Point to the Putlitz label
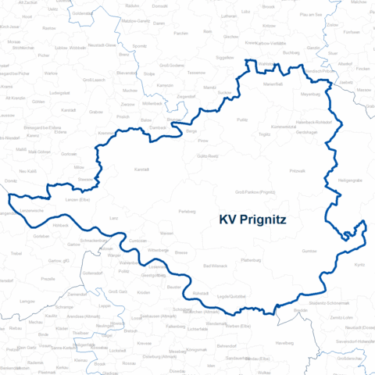241,120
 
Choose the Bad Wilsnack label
216,267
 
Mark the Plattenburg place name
251,259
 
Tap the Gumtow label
309,252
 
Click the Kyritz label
359,265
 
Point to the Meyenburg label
310,95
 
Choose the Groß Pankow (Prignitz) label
254,191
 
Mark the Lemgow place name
28,300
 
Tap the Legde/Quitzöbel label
231,295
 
